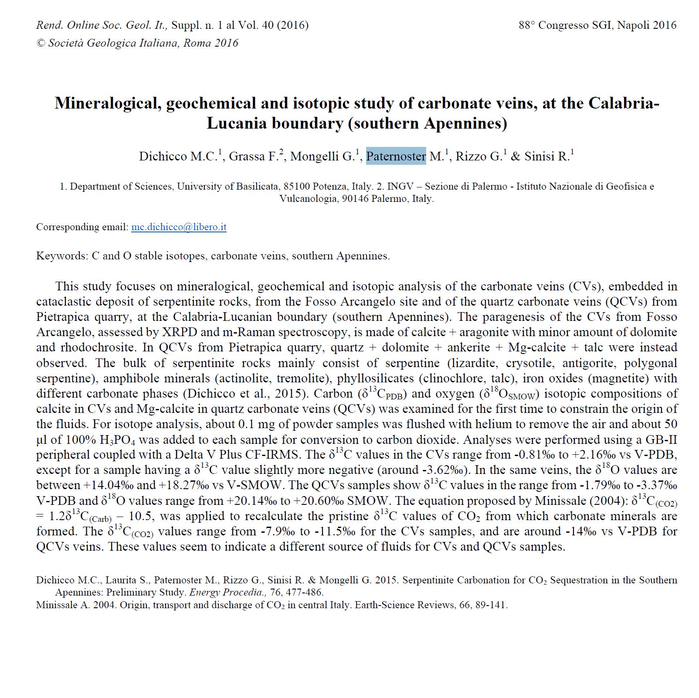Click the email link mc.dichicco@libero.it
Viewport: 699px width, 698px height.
click(179, 227)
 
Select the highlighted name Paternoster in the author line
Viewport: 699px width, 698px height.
click(396, 156)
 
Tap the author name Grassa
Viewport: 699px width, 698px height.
click(247, 156)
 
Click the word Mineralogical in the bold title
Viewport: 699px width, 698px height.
click(107, 103)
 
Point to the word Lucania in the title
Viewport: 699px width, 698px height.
click(237, 123)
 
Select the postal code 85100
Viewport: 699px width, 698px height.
click(297, 187)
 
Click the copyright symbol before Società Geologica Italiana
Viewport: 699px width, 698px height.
click(41, 43)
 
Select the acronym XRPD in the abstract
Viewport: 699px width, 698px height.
click(179, 332)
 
